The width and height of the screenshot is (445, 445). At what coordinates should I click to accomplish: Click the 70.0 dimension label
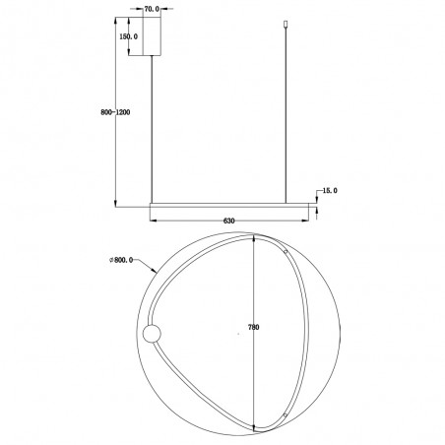pyautogui.click(x=152, y=9)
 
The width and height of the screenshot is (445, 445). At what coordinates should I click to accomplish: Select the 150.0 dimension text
pyautogui.click(x=128, y=36)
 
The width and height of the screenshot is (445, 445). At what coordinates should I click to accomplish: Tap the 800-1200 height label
pyautogui.click(x=115, y=112)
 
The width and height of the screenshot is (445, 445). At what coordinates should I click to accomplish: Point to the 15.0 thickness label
pyautogui.click(x=330, y=191)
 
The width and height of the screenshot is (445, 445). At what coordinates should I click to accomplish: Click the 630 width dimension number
pyautogui.click(x=228, y=221)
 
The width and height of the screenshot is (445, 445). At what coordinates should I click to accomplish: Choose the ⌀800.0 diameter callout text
pyautogui.click(x=121, y=260)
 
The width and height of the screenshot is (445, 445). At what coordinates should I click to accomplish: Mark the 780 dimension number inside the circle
pyautogui.click(x=254, y=327)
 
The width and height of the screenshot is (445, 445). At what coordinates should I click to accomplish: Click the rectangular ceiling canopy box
pyautogui.click(x=152, y=36)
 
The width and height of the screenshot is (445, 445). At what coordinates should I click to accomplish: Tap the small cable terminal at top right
pyautogui.click(x=286, y=25)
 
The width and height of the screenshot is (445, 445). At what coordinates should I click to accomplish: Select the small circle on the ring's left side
pyautogui.click(x=152, y=334)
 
